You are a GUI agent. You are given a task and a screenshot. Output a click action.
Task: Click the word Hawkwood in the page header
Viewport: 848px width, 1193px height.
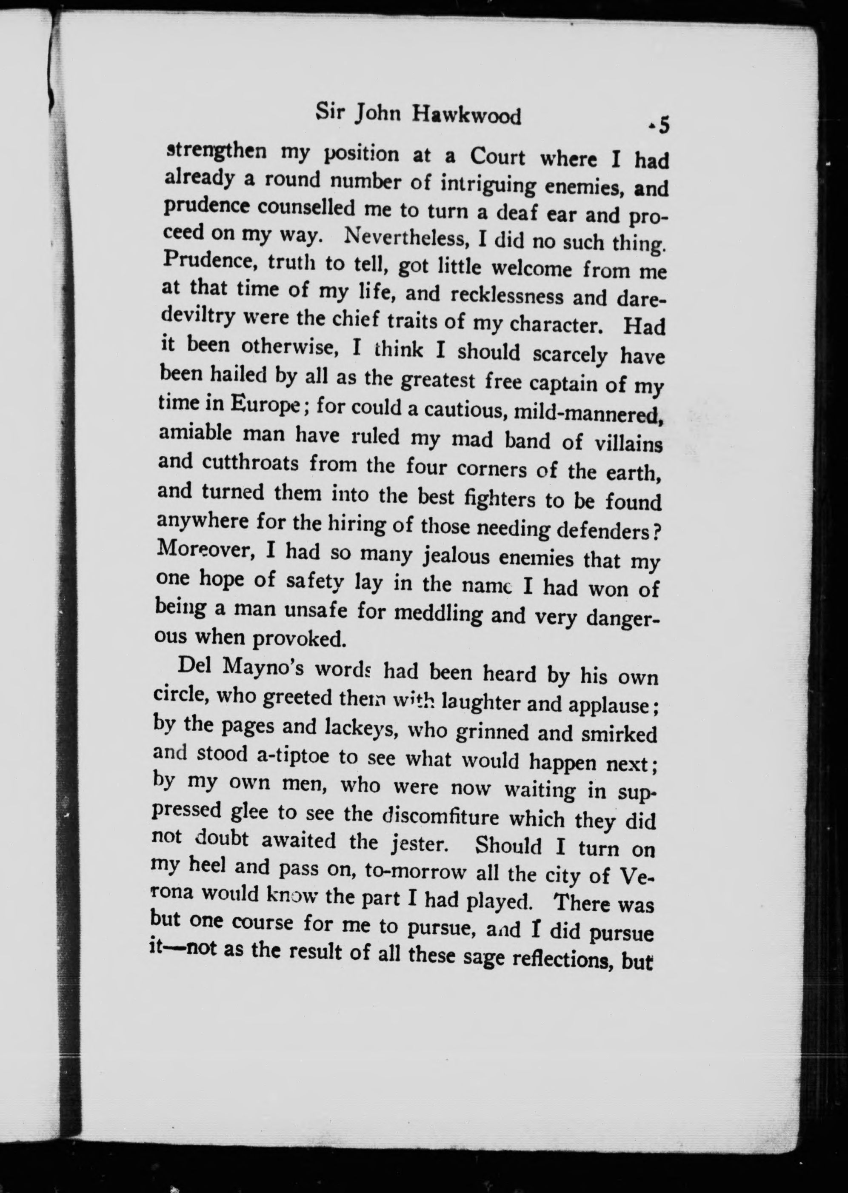466,116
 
